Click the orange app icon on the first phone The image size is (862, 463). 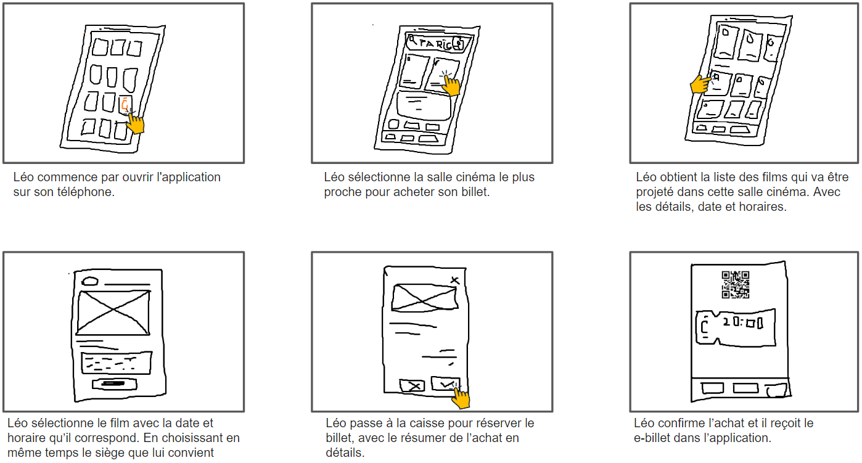[126, 104]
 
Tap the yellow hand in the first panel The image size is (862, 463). [136, 123]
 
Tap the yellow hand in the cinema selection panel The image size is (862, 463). [452, 85]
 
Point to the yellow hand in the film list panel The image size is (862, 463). [699, 84]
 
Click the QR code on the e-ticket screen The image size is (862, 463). [735, 285]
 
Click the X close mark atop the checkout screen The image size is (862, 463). [455, 281]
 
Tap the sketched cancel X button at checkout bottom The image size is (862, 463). [412, 386]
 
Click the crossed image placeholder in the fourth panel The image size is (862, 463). [113, 313]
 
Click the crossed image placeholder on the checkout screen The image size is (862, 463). [424, 297]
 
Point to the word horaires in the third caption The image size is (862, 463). [764, 207]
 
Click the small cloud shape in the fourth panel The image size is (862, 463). [90, 281]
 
